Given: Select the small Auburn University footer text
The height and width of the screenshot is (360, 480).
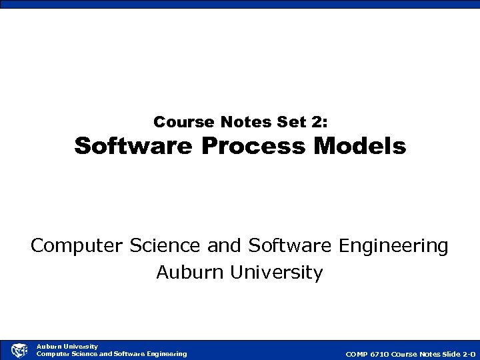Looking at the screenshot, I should (67, 346).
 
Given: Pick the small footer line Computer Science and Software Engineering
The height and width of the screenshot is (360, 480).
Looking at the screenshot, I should (111, 353).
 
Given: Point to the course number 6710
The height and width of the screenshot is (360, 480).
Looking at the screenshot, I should (380, 354).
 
